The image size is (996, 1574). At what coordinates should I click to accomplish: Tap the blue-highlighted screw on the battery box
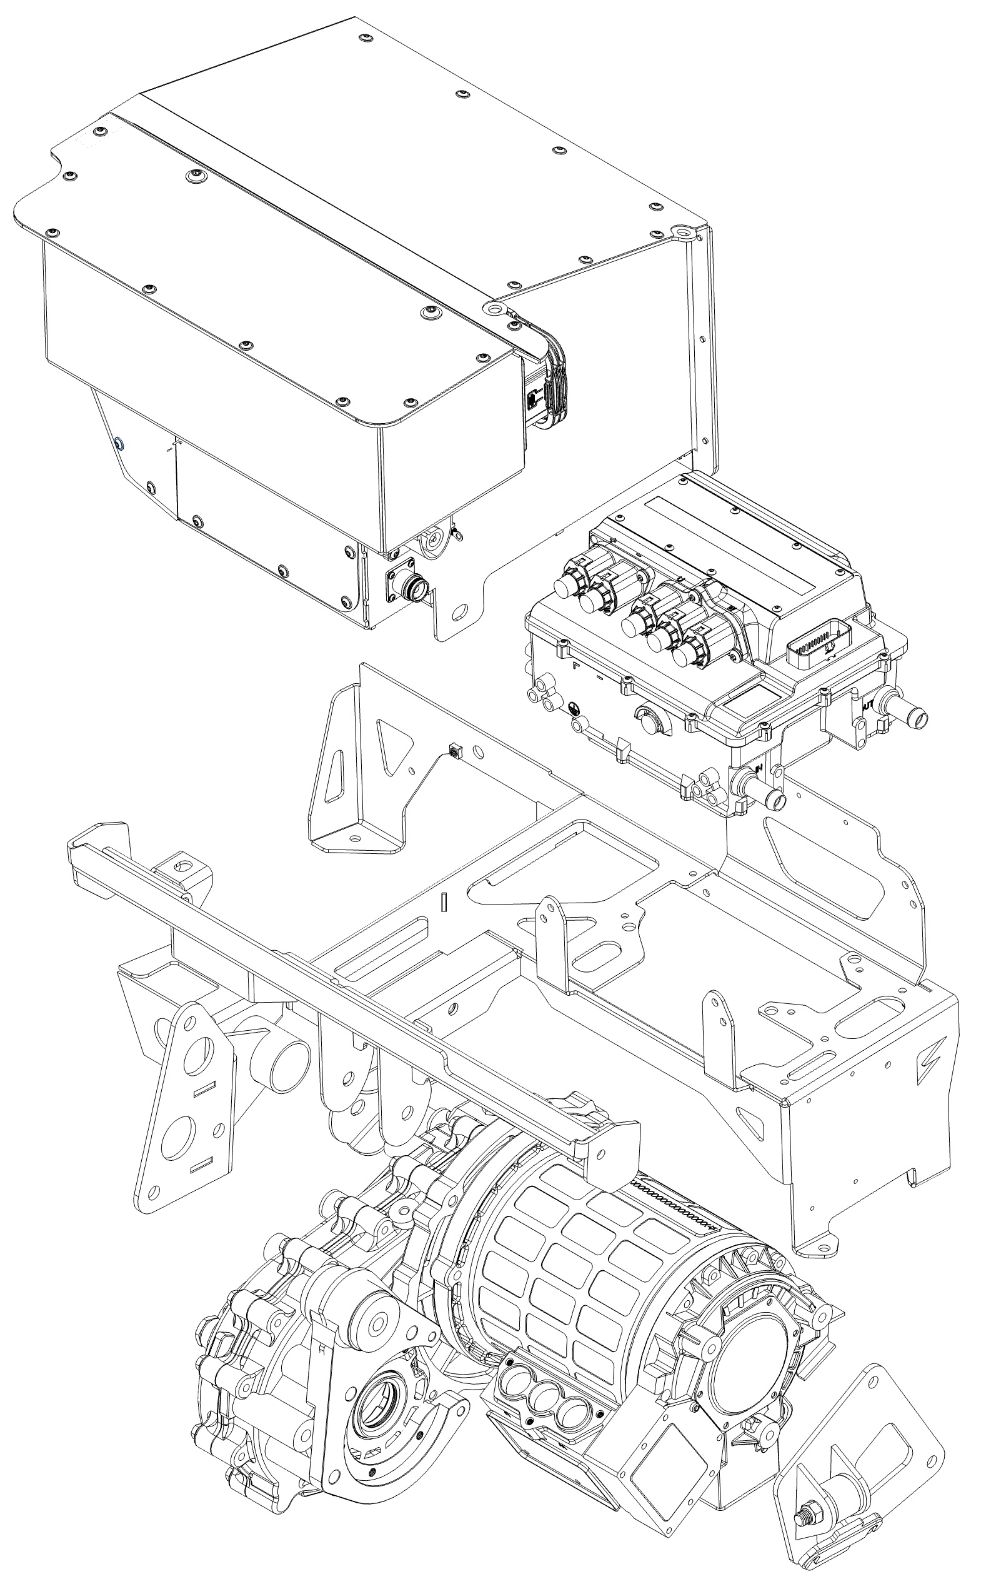click(120, 444)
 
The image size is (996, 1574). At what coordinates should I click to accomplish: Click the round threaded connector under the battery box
click(414, 585)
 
